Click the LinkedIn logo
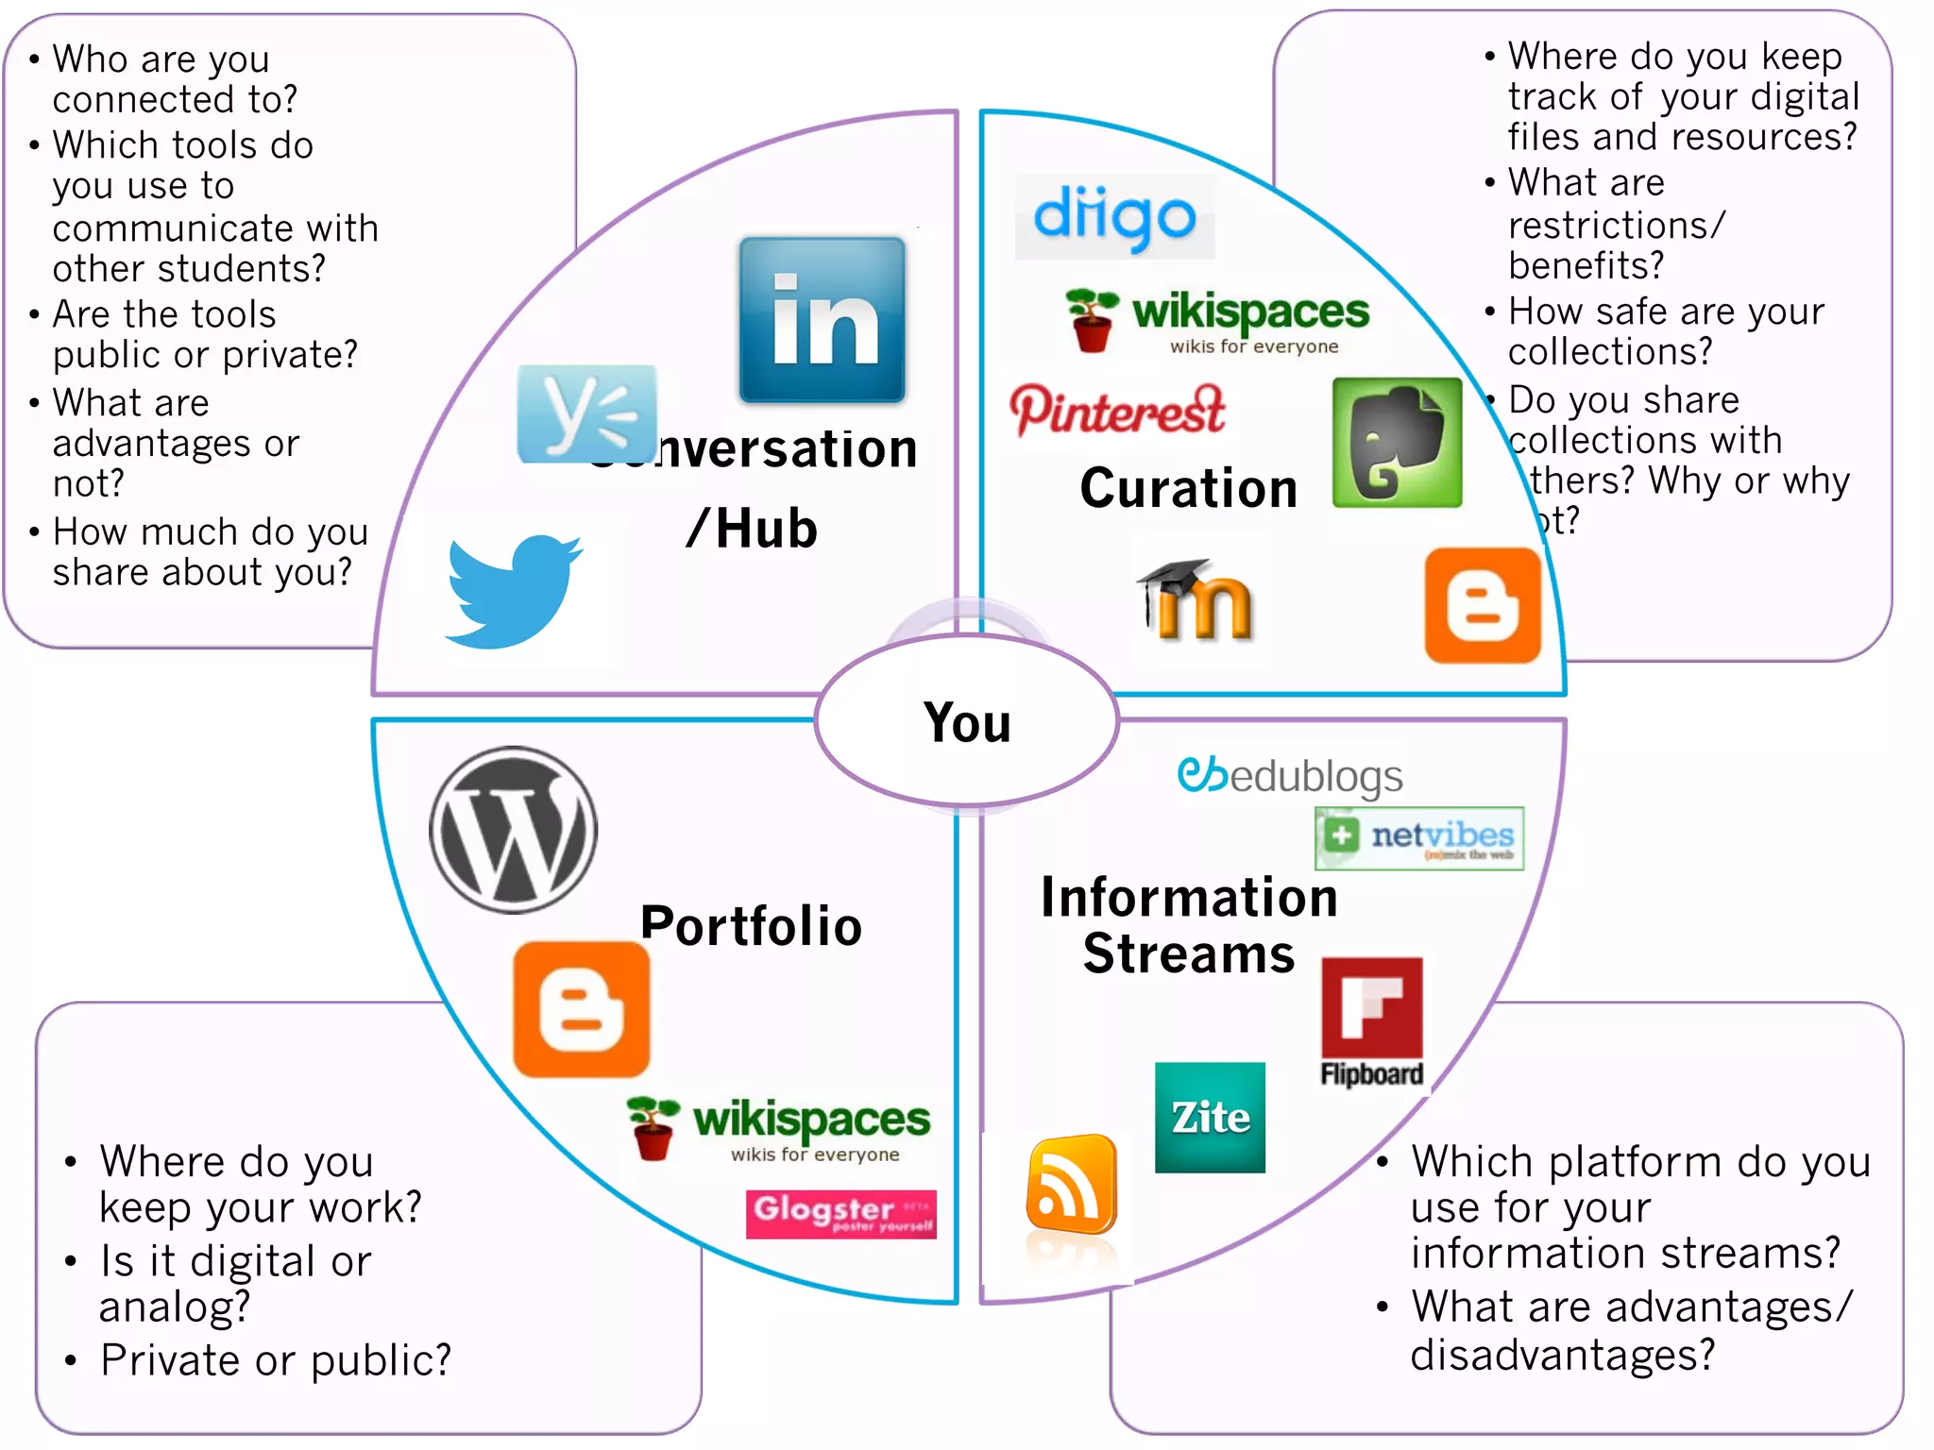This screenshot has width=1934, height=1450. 822,320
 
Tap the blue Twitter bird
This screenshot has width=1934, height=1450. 513,590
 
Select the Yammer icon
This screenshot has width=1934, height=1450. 586,413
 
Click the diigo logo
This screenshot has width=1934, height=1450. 1114,217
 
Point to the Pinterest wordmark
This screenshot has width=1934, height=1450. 1117,411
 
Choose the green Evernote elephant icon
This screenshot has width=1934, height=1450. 1397,443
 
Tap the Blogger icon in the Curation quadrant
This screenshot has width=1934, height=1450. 1483,605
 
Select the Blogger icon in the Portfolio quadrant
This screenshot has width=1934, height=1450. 582,1009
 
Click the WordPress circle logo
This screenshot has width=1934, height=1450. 514,830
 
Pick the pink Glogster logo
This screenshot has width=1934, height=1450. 840,1213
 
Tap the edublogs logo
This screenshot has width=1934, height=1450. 1290,776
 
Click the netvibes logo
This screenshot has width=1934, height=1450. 1419,837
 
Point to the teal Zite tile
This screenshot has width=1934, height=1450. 1210,1118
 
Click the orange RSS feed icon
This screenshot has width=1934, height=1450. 1072,1185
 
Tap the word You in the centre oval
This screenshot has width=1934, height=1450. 967,723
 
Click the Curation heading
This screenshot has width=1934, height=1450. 1189,488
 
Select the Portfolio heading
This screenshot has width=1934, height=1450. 751,925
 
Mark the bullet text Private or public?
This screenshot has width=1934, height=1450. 276,1360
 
